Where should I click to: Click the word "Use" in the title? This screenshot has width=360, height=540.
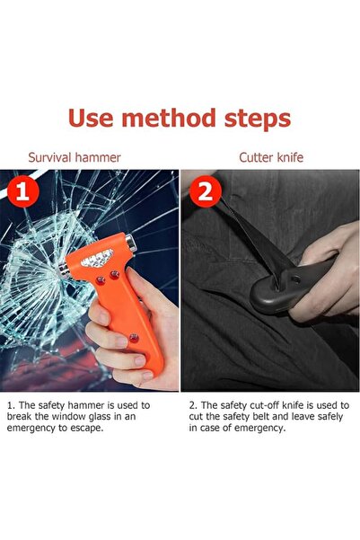pyautogui.click(x=91, y=118)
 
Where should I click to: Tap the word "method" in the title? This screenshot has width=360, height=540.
pyautogui.click(x=169, y=118)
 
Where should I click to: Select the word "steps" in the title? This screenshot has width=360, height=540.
pyautogui.click(x=258, y=120)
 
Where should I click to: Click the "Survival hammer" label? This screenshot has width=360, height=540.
pyautogui.click(x=75, y=157)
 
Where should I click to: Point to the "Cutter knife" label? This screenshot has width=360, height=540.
pyautogui.click(x=271, y=157)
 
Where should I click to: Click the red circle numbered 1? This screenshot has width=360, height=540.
pyautogui.click(x=22, y=191)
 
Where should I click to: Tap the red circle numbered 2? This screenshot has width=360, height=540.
pyautogui.click(x=206, y=191)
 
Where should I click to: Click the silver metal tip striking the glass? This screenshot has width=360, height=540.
pyautogui.click(x=64, y=270)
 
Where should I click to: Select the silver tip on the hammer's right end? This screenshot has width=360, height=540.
pyautogui.click(x=131, y=243)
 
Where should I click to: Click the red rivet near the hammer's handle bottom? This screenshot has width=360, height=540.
pyautogui.click(x=134, y=338)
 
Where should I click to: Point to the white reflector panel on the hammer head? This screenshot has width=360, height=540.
pyautogui.click(x=97, y=258)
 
